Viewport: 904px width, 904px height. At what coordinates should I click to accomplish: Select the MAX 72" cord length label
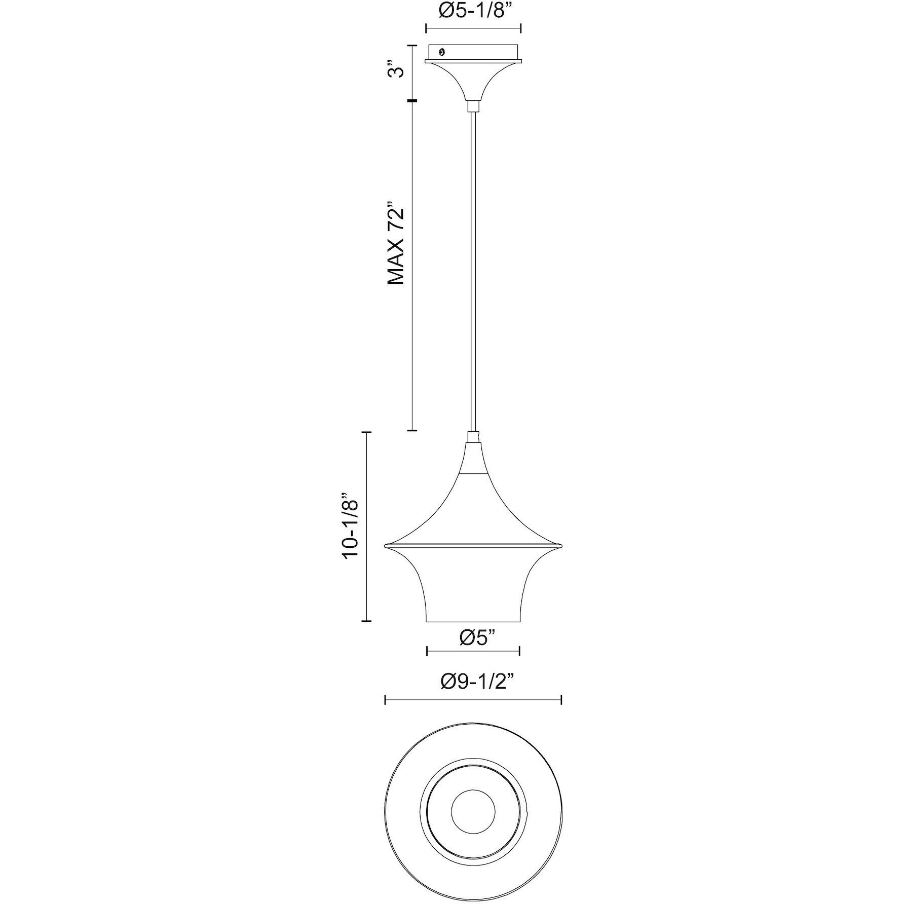396,245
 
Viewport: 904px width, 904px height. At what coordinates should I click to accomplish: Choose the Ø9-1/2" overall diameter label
477,682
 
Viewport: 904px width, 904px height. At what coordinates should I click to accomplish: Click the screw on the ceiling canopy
442,52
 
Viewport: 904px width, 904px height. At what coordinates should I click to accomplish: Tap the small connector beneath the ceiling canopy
473,105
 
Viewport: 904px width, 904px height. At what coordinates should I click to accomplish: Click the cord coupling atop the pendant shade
473,436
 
